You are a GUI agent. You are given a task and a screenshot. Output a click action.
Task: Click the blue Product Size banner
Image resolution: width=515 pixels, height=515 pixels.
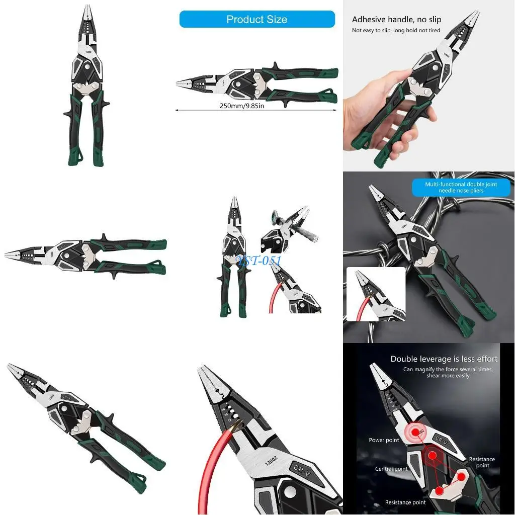point(257,19)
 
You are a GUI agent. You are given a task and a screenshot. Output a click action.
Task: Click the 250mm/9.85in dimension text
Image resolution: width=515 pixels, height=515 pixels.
point(242,106)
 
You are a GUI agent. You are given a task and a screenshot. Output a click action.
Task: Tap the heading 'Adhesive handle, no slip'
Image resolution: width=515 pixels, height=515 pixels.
point(396,20)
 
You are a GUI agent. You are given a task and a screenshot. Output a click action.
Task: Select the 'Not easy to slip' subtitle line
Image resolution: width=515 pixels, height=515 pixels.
point(396,31)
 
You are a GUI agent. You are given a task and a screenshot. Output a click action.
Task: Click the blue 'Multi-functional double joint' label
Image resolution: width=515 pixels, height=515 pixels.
point(461,188)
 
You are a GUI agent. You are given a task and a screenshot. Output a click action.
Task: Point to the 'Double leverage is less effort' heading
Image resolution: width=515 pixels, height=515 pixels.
point(444,359)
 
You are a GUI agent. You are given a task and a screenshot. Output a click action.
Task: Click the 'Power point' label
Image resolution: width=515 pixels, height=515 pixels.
point(384,440)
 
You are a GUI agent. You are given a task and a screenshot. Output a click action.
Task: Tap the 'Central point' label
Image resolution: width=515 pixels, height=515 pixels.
point(391,469)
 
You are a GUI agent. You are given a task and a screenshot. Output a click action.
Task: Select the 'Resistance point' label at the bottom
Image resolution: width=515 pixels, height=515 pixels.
point(405,502)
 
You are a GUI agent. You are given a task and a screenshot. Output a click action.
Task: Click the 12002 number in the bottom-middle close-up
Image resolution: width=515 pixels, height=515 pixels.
point(272,460)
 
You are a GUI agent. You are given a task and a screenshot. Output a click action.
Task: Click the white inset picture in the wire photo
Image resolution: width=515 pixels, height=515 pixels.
point(376,294)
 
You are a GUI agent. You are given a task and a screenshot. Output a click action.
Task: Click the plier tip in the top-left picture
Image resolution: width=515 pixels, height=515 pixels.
point(84,7)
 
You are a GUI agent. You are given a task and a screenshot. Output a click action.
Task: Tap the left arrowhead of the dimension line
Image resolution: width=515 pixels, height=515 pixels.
point(178,109)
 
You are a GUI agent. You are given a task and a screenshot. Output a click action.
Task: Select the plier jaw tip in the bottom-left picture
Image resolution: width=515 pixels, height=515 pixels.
point(10,366)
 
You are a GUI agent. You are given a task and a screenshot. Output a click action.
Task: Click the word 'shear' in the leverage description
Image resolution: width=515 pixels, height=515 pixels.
point(436,376)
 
